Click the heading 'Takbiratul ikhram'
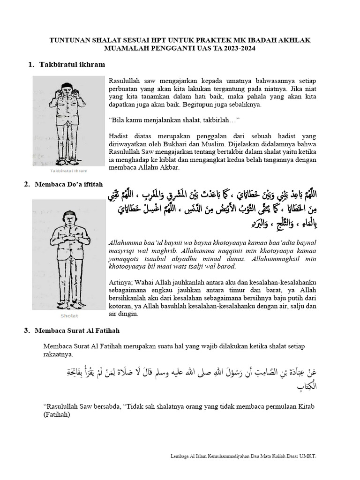tap(72, 64)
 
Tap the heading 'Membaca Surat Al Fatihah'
tap(77, 330)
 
